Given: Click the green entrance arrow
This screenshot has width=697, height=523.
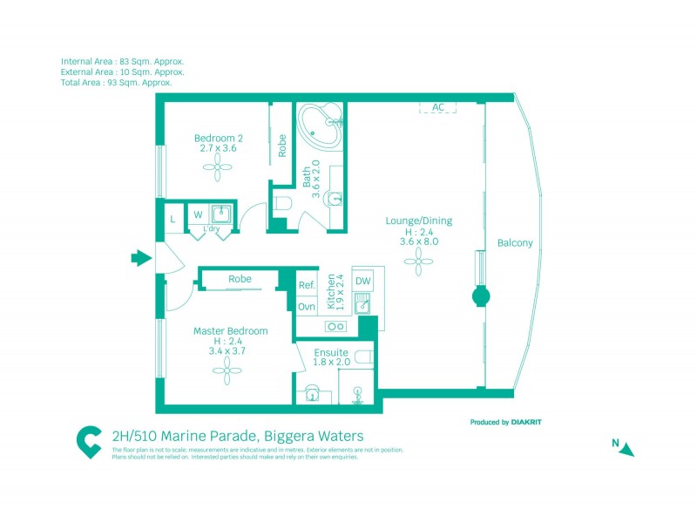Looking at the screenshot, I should [x=139, y=257].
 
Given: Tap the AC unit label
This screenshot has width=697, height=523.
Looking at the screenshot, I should [x=438, y=107].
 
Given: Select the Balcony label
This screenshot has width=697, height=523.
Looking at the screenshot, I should [x=515, y=243].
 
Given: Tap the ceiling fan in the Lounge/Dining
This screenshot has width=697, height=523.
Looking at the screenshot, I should [x=419, y=256].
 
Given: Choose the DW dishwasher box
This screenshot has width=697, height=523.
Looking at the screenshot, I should [x=362, y=281].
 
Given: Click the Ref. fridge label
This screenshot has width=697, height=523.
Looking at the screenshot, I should [x=307, y=285].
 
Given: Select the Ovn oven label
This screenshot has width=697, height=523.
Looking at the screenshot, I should [x=307, y=306].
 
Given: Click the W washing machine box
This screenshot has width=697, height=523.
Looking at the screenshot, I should [x=198, y=214].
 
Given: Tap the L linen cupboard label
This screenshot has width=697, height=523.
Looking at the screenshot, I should [x=173, y=218].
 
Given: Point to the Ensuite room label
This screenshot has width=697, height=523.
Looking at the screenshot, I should [x=331, y=352].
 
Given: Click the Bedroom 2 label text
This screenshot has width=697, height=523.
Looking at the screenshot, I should [x=218, y=138].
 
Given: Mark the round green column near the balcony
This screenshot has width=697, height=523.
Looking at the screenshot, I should [x=481, y=296].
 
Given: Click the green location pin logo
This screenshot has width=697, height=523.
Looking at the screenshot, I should [x=89, y=441].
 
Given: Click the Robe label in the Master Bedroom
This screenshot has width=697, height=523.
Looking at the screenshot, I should [x=240, y=279].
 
